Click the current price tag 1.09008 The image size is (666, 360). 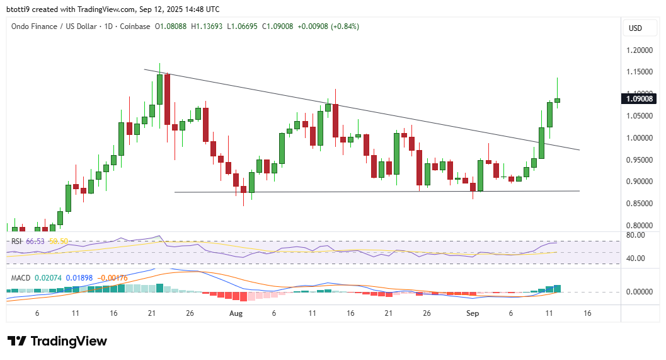[x=640, y=98]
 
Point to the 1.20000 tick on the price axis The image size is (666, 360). [x=640, y=50]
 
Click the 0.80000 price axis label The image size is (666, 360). [x=640, y=225]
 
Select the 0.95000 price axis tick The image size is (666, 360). [x=640, y=160]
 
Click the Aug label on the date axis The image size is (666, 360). [x=236, y=313]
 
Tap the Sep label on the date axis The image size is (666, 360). [x=473, y=313]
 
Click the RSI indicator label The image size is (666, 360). [x=16, y=241]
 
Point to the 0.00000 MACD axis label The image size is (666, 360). [x=639, y=292]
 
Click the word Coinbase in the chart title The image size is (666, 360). [x=135, y=26]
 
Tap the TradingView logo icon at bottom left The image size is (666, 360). [x=17, y=341]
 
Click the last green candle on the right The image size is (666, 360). [x=557, y=100]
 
